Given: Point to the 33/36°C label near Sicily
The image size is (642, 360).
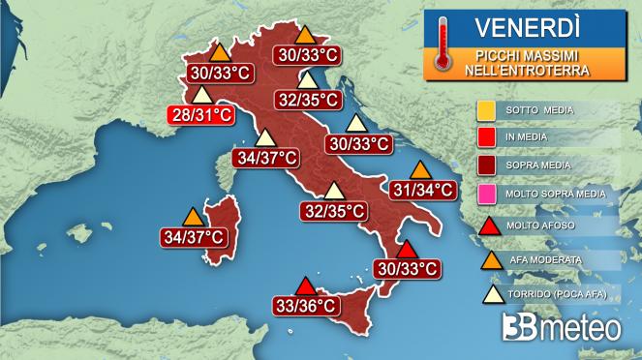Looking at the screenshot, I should tap(305, 306).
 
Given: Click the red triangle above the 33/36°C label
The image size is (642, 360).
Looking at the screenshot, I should tap(306, 286).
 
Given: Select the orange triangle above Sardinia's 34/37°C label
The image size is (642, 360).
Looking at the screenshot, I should tap(193, 216).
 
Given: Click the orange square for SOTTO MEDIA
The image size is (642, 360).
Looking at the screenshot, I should tap(487, 109).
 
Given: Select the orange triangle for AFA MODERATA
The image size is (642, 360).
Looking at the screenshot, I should tap(487, 259).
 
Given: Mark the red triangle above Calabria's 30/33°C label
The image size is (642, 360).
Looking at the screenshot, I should tap(407, 249).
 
